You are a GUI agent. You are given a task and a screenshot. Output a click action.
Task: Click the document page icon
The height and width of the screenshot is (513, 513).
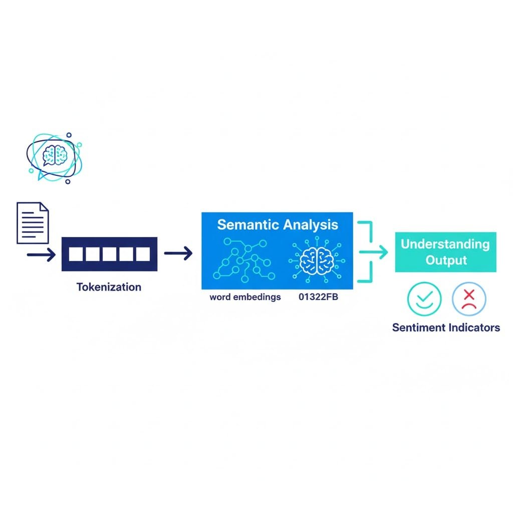click(33, 222)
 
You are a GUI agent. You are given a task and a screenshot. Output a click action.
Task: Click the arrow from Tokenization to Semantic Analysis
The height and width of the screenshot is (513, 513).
click(178, 254)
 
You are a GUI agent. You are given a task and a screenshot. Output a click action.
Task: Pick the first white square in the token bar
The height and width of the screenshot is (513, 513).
click(75, 254)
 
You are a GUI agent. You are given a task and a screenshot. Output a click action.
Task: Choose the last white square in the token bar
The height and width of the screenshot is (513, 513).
click(143, 254)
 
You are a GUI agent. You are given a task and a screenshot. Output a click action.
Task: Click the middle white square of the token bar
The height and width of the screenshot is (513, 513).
click(109, 254)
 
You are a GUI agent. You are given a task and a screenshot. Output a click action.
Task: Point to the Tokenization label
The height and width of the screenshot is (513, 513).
click(109, 287)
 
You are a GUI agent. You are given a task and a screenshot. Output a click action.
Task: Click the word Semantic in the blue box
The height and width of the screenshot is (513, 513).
click(247, 224)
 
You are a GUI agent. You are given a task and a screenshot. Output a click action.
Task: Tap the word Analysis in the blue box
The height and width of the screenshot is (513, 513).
click(309, 224)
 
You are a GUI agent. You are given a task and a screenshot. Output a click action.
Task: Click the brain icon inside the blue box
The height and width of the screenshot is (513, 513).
click(317, 260)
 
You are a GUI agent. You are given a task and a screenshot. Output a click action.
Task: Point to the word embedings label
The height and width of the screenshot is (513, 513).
click(245, 297)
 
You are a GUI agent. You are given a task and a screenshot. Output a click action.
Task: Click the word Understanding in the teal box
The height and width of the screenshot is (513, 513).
click(445, 244)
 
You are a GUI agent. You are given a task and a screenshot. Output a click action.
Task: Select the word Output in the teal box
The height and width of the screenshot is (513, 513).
click(446, 261)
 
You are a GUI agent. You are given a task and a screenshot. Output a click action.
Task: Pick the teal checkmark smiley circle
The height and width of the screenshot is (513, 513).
click(424, 299)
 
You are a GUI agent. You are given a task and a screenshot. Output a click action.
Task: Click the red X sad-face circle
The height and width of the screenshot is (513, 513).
click(469, 299)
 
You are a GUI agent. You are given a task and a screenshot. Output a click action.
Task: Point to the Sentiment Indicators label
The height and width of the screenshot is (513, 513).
click(446, 328)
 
